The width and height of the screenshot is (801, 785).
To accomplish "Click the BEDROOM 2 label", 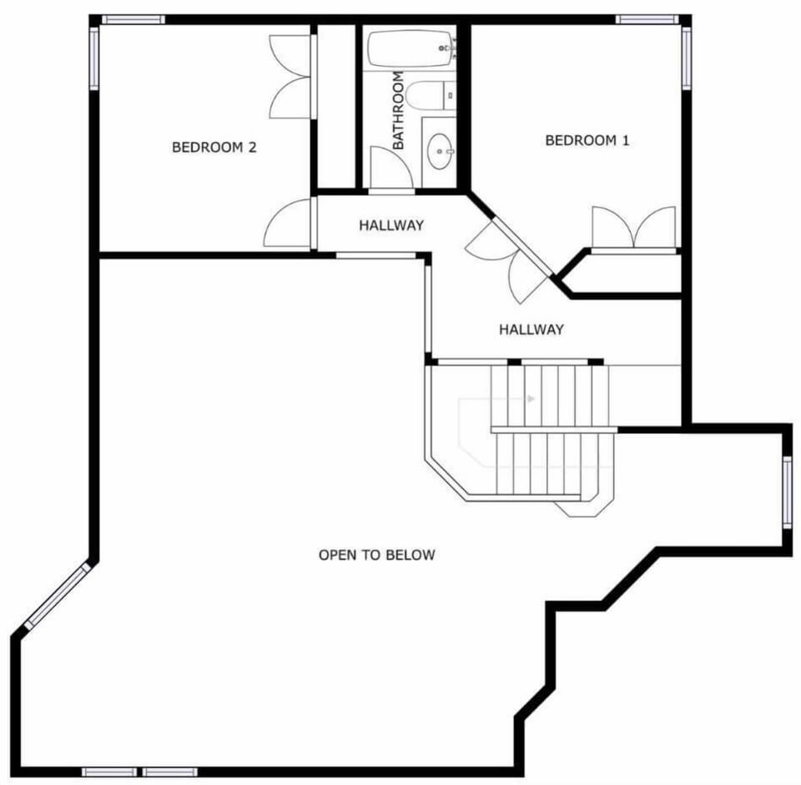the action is tap(214, 148).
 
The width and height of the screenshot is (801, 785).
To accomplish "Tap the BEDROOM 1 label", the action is tap(587, 140).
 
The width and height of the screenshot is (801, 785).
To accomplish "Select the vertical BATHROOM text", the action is tap(399, 110).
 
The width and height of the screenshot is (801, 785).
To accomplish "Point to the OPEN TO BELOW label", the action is tap(377, 555).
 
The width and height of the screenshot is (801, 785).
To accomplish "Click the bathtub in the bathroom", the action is tap(411, 49).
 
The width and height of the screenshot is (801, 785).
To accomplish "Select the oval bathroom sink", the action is tap(440, 151).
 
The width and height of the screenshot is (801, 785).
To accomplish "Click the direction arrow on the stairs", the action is tap(531, 399).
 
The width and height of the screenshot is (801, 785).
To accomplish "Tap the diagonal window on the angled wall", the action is tap(58, 595).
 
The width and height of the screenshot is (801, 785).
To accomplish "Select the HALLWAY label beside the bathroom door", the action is tap(391, 225).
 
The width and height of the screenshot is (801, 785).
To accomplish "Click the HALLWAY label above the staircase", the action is tap(531, 330).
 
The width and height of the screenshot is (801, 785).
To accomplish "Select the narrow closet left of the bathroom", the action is tap(336, 106).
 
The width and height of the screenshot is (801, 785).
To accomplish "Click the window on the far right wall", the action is tap(787, 493).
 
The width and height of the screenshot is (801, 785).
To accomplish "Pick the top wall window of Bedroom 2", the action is tap(133, 19).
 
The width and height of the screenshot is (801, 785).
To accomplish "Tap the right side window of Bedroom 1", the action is tap(687, 58).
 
